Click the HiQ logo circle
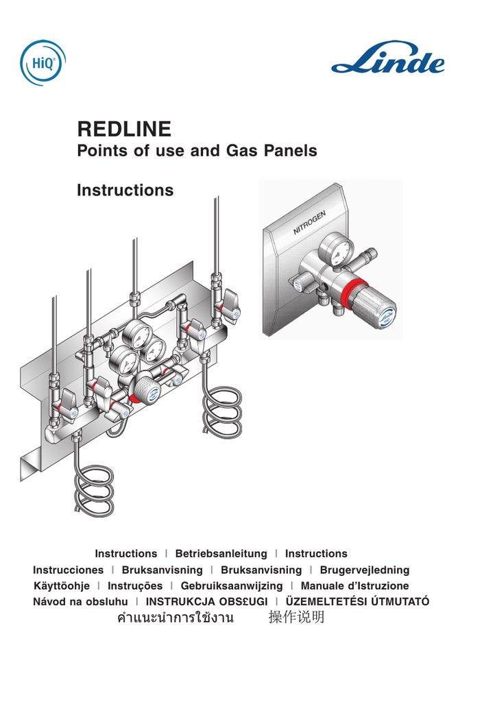coord(43,62)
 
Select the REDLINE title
coord(124,128)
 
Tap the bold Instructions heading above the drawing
coord(125,190)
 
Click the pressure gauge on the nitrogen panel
coord(336,248)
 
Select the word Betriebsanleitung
coord(221,553)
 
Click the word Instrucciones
coord(69,570)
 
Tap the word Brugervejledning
coord(364,570)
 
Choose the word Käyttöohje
coord(62,586)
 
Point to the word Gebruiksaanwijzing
coord(231,586)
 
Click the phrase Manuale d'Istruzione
coord(354,586)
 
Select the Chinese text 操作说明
coord(296,618)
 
